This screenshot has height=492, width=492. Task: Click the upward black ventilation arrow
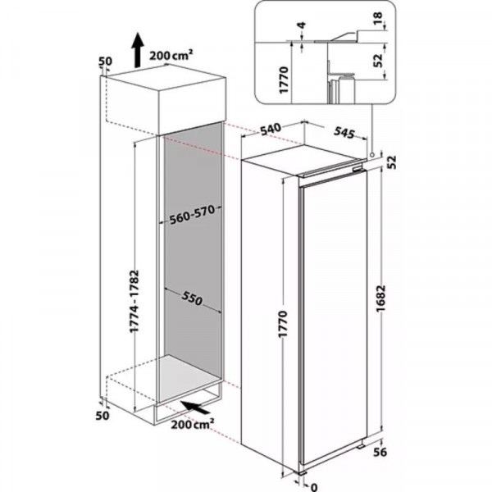137,50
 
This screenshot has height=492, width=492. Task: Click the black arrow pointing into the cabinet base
195,408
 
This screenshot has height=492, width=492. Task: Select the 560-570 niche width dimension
192,215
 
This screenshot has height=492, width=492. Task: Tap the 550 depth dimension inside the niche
192,298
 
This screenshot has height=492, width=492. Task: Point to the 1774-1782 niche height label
134,301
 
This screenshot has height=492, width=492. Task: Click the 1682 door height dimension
381,298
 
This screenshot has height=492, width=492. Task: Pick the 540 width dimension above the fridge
270,129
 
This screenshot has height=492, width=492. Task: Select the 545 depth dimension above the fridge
344,132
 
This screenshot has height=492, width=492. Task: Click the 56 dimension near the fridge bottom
380,452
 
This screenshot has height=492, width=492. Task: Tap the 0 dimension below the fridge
314,487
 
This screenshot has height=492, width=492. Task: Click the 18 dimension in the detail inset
378,18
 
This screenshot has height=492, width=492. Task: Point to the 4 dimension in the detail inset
303,25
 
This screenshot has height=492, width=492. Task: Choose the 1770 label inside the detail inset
284,80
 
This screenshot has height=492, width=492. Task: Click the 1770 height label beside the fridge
282,324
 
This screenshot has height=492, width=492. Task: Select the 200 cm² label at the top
171,55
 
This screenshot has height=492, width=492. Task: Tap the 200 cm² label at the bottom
193,424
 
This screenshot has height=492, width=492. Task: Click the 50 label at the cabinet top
106,61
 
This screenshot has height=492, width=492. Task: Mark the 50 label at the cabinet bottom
102,416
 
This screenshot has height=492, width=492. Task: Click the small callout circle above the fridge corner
372,155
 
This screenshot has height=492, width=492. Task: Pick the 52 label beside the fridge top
392,162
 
